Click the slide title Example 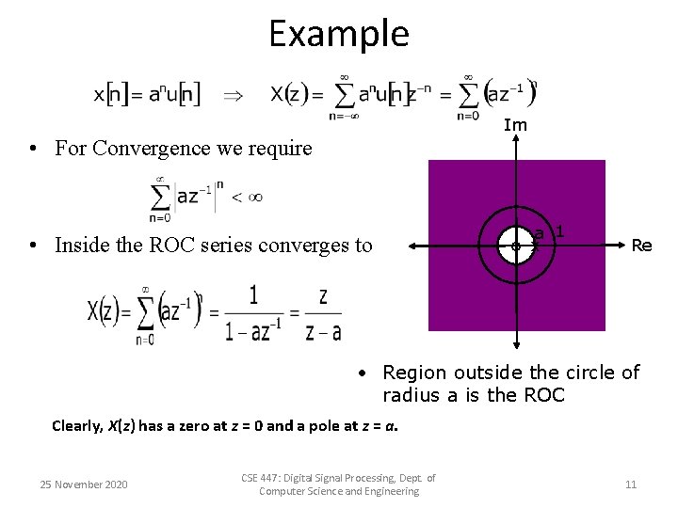(339, 34)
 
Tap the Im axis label (515, 125)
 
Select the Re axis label (641, 246)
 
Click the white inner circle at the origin (516, 246)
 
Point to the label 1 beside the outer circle (559, 230)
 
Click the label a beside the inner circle (538, 233)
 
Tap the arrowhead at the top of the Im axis (516, 141)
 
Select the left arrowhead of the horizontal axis (412, 246)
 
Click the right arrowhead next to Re (620, 246)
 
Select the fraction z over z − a (323, 313)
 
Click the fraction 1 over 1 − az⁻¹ (254, 313)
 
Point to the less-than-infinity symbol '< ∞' (247, 197)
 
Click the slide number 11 (631, 484)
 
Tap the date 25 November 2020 (84, 484)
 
